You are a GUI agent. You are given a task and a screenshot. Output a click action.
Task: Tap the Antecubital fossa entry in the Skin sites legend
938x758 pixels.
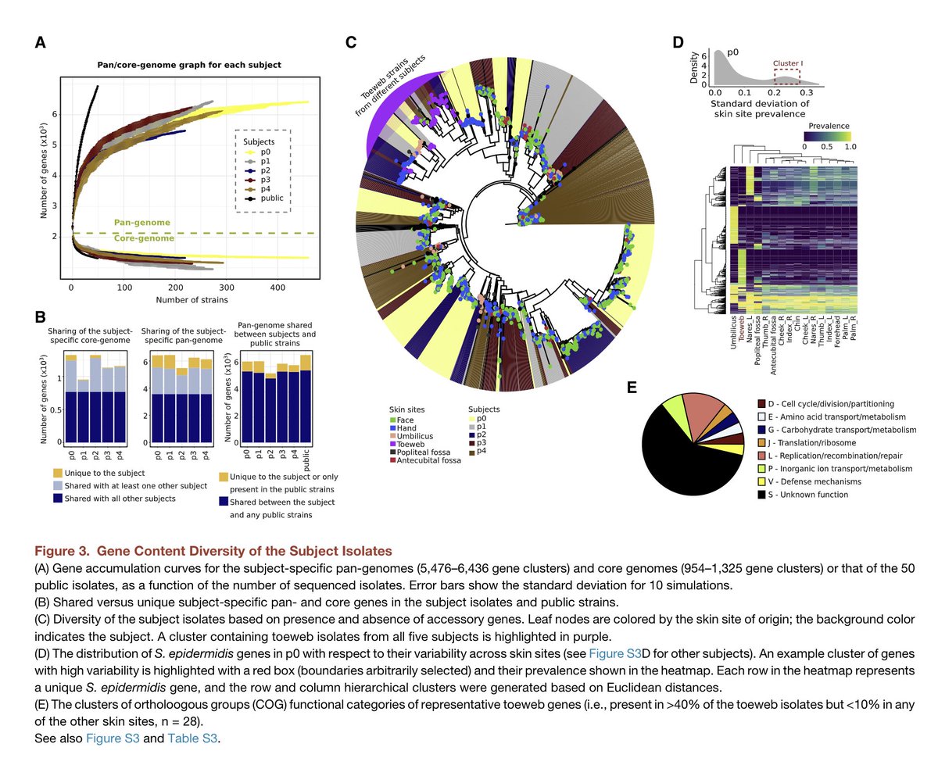[x=430, y=460]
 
